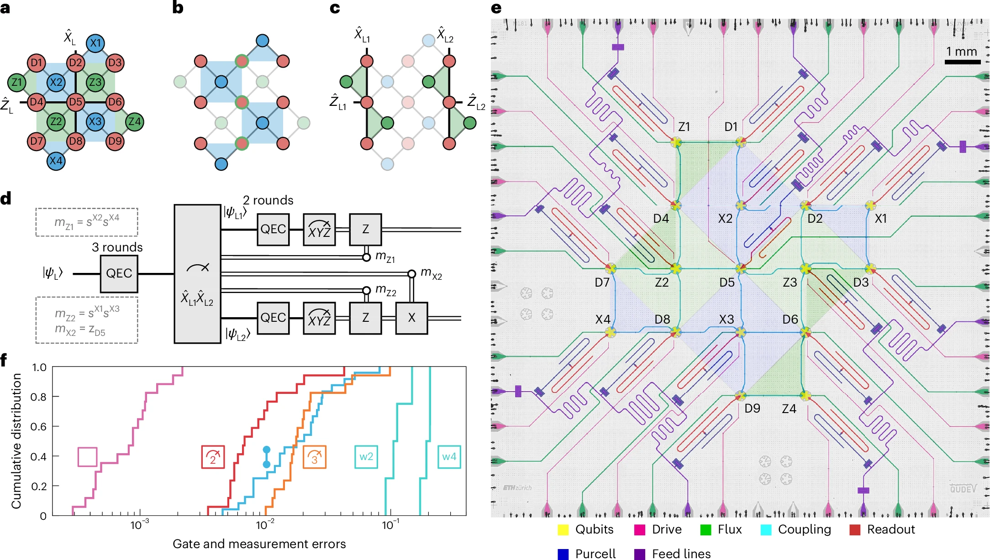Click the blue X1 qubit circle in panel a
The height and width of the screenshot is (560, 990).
click(x=95, y=43)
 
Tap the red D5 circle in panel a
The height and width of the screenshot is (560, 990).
click(x=75, y=102)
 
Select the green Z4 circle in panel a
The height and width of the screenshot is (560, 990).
click(x=134, y=121)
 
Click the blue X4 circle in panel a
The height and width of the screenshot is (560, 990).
click(x=56, y=161)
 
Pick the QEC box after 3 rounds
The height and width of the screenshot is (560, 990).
click(x=119, y=273)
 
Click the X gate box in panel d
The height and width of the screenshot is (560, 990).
click(x=411, y=318)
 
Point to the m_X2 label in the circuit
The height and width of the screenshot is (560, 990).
click(x=432, y=273)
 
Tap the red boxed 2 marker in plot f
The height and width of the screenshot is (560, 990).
click(x=213, y=457)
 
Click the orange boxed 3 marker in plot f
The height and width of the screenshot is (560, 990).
click(x=314, y=457)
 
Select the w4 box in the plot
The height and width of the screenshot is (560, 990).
click(x=449, y=457)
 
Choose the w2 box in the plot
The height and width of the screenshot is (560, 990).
click(x=366, y=457)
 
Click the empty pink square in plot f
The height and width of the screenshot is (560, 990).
click(x=87, y=457)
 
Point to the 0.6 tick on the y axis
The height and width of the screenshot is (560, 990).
click(x=38, y=427)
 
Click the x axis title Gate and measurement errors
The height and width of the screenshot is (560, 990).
click(x=259, y=544)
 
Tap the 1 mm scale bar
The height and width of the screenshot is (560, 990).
click(x=962, y=62)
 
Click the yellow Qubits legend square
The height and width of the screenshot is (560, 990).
click(x=563, y=530)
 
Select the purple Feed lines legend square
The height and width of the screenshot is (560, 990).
click(x=640, y=554)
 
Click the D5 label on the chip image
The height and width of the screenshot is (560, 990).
click(x=727, y=283)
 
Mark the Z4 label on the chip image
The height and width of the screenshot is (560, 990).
click(x=789, y=409)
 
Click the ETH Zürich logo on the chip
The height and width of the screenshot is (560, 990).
click(x=517, y=488)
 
